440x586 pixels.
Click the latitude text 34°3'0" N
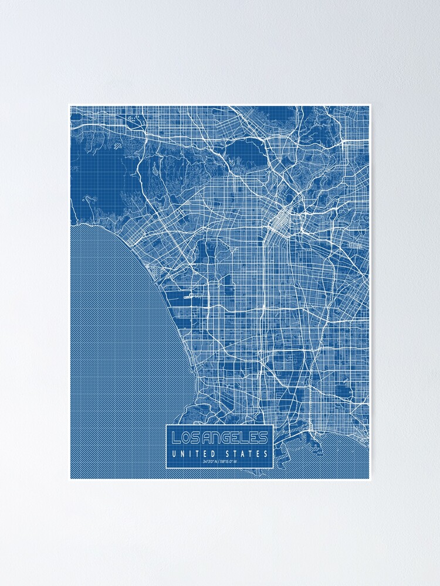pos(209,462)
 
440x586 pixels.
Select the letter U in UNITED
pos(174,454)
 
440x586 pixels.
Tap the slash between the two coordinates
pos(219,462)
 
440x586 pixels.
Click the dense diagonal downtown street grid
pos(280,220)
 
